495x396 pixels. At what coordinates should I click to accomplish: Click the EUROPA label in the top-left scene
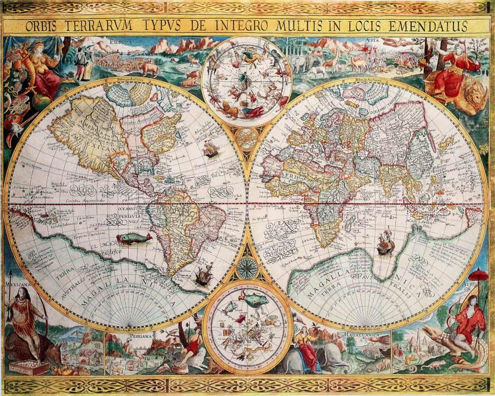[x=121, y=43]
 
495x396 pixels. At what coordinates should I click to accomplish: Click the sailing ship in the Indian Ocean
[x=385, y=243]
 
